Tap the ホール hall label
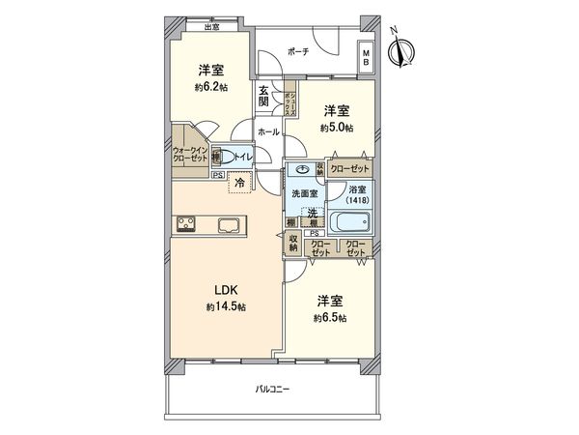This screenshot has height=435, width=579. [x=268, y=131]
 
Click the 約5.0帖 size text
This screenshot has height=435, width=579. [x=336, y=126]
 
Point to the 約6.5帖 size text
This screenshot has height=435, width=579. [x=330, y=318]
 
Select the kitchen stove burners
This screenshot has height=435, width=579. [x=185, y=225]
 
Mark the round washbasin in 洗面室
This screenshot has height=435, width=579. [x=303, y=168]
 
